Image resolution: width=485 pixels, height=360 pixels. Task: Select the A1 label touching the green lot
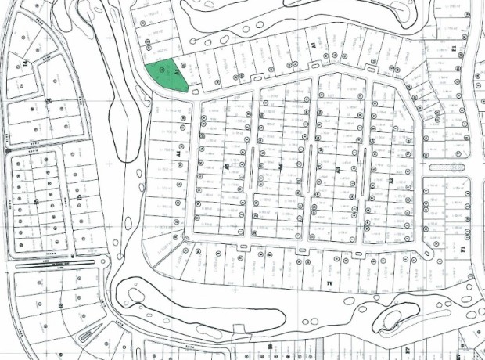(179, 74)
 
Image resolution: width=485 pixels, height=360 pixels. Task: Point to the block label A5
(226, 167)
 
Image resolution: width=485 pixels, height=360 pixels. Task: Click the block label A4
(280, 167)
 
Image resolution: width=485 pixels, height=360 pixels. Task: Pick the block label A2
(390, 179)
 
